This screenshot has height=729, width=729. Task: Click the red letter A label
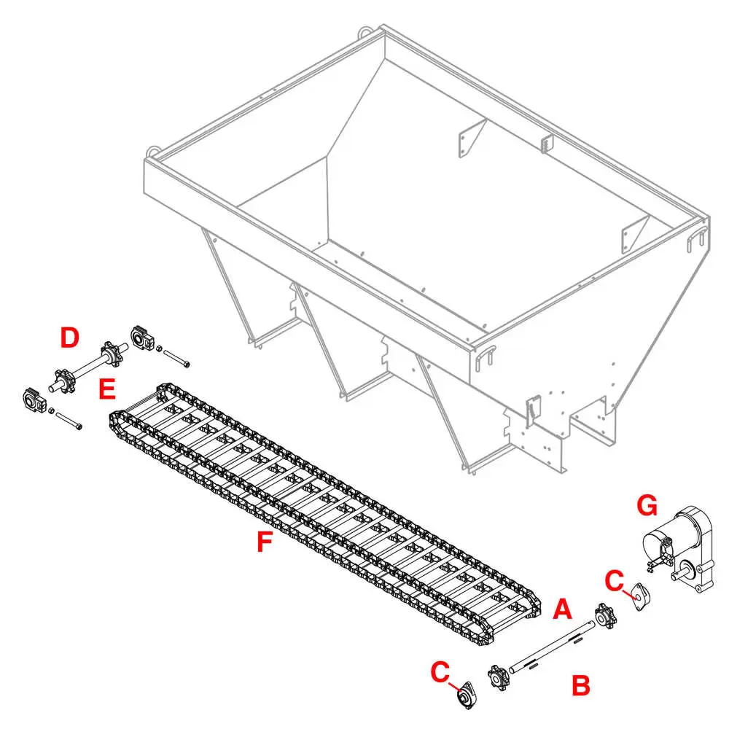coord(561,609)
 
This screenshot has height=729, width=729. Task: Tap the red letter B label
coord(580,685)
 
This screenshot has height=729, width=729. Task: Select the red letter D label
coord(69,338)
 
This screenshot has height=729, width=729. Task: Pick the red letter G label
coord(647,504)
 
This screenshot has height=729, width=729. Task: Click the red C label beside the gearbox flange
coord(615,581)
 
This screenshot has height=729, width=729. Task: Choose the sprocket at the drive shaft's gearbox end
coord(605,616)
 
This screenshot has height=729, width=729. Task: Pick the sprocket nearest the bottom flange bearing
coord(499,677)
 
